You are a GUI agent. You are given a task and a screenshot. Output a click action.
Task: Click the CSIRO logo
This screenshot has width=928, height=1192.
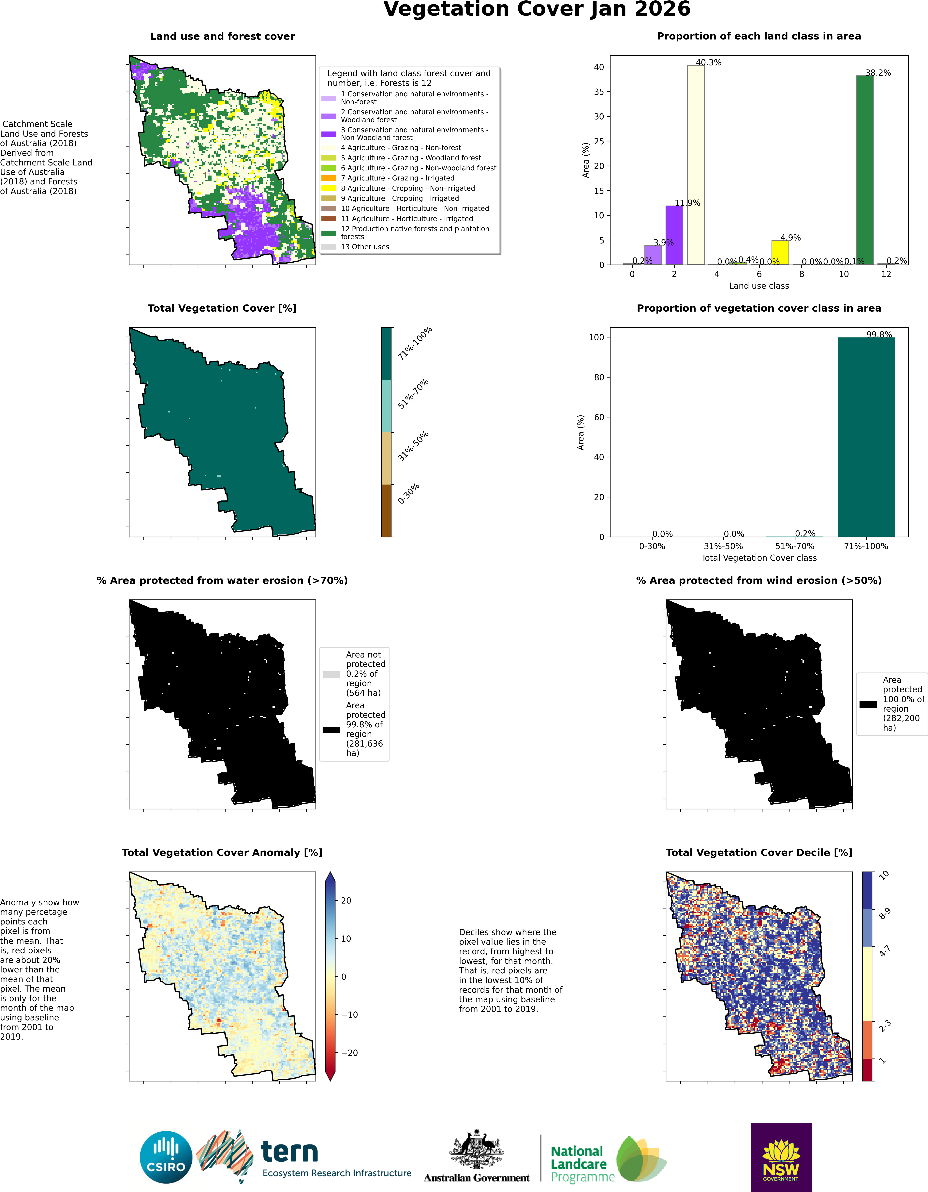tap(166, 1157)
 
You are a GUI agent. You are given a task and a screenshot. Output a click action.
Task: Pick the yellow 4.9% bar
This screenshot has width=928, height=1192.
tap(780, 253)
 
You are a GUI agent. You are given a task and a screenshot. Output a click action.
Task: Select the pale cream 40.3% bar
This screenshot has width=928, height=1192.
tap(696, 165)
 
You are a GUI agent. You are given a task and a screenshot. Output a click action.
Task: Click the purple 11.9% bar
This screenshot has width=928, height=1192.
tap(674, 235)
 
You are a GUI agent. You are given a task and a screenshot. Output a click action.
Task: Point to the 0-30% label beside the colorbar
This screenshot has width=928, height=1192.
tap(409, 493)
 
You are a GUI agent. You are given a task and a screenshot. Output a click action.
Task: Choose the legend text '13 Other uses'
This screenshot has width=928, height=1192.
tap(365, 247)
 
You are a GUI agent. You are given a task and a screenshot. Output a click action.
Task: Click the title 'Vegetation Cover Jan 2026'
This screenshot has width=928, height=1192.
tap(537, 9)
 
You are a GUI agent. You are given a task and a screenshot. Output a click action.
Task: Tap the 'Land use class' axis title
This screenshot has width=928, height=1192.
tap(759, 286)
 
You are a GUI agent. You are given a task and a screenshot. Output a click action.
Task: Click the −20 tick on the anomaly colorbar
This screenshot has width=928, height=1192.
tap(349, 1053)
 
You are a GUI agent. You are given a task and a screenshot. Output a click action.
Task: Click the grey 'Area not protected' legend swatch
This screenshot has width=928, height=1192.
tap(331, 675)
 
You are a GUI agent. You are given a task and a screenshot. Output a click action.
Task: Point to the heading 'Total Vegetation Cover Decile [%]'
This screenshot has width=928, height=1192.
tap(759, 853)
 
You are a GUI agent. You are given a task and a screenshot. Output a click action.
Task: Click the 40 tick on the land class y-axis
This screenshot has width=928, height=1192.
tap(599, 67)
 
